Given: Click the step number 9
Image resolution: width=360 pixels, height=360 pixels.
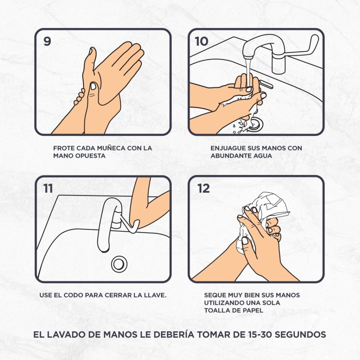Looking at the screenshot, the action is point(47,41).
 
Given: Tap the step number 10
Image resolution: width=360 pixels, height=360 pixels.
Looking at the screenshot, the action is point(201,41).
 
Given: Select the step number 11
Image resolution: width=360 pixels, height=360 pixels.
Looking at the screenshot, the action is point(48,188).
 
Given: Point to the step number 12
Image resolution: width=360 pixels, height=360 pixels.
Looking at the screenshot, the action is point(204,188).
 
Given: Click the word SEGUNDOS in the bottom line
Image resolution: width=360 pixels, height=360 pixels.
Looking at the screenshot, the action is point(300,334).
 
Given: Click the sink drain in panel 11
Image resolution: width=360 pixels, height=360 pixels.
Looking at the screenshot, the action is point(119,264).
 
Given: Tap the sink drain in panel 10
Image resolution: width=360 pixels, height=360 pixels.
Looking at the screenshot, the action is point(255,124).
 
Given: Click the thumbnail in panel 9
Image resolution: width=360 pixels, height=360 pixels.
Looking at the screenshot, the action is point(93,86).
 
